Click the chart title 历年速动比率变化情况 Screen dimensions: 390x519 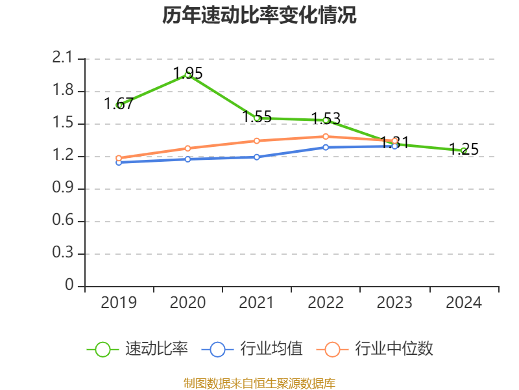(x=259, y=16)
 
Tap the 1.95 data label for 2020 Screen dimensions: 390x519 (x=187, y=73)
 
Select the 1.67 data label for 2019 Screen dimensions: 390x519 (x=119, y=103)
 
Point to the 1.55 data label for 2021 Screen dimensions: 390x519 (x=256, y=117)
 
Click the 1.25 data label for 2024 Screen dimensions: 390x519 (x=464, y=149)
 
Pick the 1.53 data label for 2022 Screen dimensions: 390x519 (x=326, y=118)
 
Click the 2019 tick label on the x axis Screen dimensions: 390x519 (x=119, y=303)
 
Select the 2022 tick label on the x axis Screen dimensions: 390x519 (x=326, y=303)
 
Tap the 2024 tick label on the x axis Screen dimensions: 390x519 (x=464, y=303)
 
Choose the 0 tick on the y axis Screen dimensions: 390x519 (x=70, y=286)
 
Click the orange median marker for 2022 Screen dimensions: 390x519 (x=326, y=136)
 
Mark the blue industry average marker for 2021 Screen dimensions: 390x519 (x=256, y=157)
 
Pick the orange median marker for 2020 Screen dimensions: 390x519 (x=187, y=148)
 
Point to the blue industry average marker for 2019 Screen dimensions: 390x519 (x=119, y=162)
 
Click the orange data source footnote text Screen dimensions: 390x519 (x=259, y=383)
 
